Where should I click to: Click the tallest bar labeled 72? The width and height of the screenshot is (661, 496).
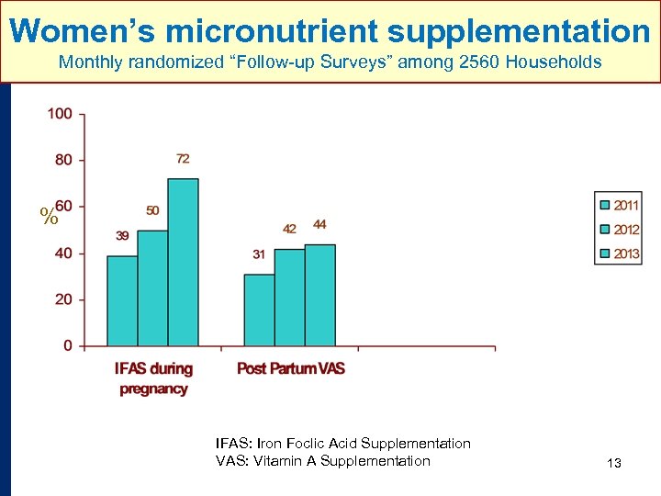click(183, 262)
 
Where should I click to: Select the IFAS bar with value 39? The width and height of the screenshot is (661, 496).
click(122, 300)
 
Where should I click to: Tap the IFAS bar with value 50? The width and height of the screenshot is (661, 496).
click(152, 287)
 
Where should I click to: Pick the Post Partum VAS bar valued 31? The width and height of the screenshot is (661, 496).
click(259, 310)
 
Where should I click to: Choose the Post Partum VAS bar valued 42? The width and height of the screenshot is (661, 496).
click(289, 297)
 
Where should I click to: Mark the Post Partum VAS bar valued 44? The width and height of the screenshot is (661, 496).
click(319, 295)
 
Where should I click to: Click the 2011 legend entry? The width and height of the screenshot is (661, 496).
click(620, 206)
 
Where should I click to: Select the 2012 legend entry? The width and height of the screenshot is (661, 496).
click(620, 230)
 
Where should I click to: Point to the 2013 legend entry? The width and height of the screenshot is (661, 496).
click(620, 254)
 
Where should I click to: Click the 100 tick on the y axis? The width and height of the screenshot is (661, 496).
click(61, 114)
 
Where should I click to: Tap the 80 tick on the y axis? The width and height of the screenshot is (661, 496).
click(62, 160)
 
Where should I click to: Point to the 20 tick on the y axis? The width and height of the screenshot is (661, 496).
click(62, 300)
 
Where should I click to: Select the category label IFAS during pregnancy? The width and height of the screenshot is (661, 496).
click(153, 378)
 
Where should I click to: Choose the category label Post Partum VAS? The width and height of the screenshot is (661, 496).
click(290, 368)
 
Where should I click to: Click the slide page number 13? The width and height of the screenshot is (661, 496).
click(614, 463)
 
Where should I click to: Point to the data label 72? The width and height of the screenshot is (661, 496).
click(183, 159)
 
